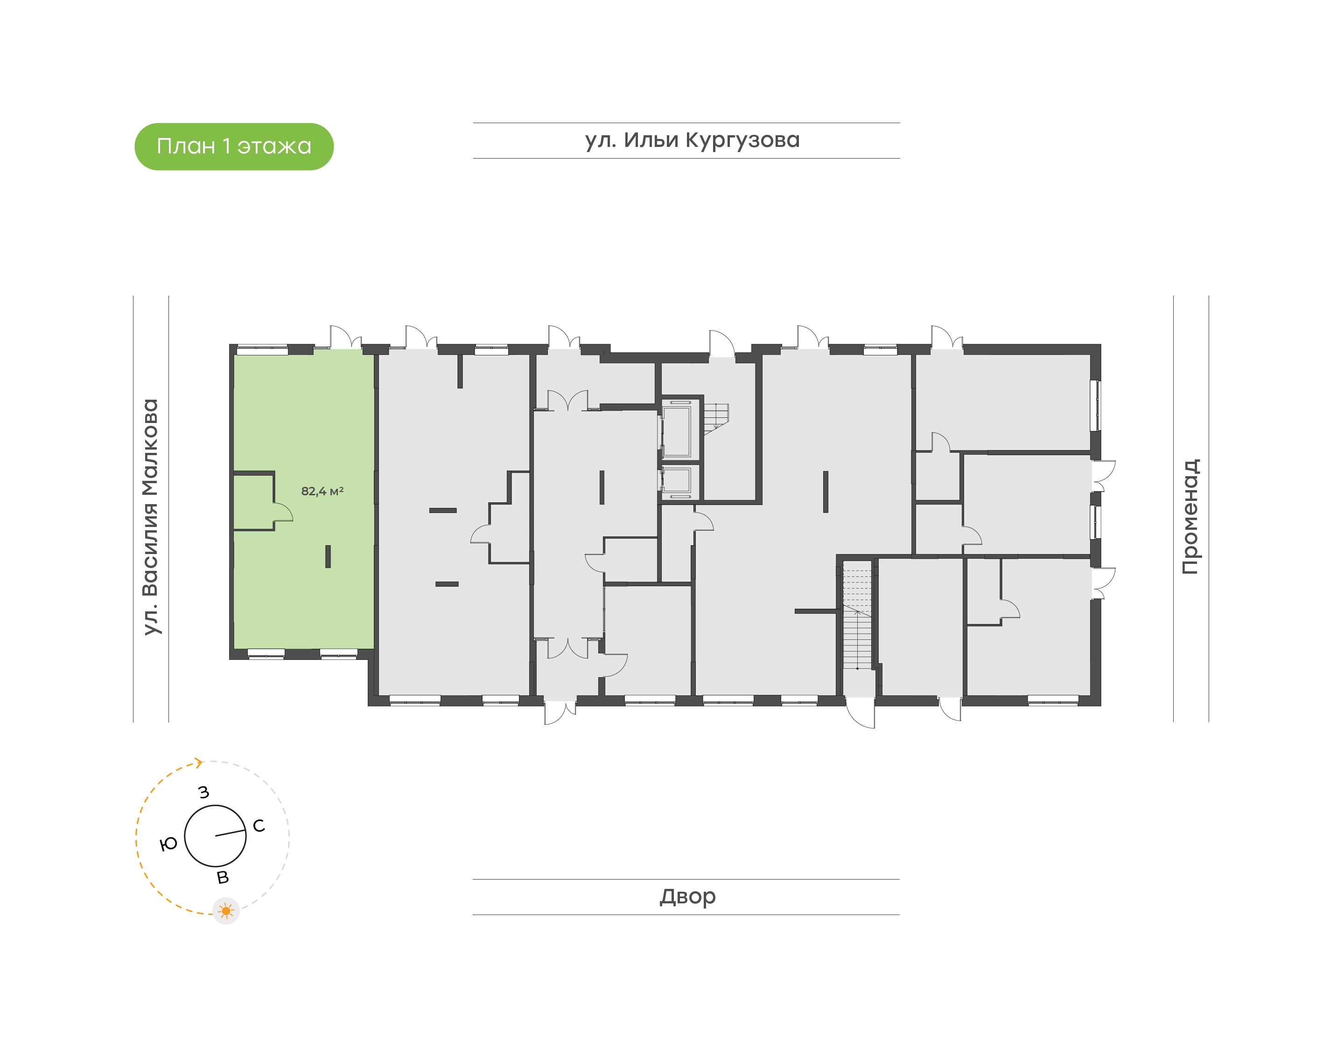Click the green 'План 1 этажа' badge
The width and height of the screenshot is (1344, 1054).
[x=234, y=146]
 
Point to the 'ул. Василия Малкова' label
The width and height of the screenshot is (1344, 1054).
[x=151, y=517]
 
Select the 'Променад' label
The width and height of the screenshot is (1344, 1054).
[x=1190, y=517]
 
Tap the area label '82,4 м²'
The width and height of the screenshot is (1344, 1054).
[x=322, y=491]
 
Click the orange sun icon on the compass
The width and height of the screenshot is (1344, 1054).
[x=226, y=911]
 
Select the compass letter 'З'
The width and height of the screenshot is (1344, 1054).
[x=204, y=792]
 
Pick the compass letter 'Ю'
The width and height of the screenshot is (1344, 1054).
[x=168, y=844]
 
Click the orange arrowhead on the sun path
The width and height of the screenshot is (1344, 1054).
[x=199, y=763]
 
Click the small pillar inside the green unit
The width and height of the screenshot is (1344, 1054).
[x=328, y=557]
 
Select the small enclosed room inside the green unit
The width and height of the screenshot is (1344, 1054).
[x=253, y=501]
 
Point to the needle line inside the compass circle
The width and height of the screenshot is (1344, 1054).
[x=230, y=833]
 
